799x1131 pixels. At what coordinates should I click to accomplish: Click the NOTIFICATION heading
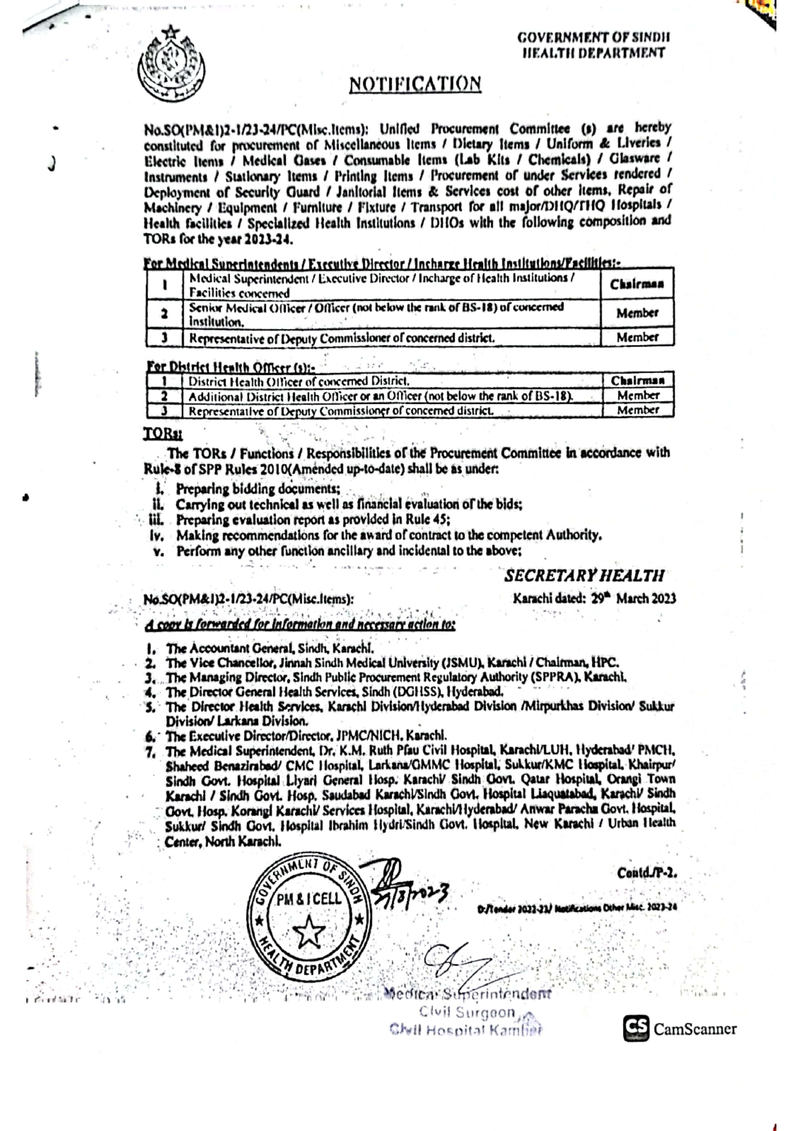(415, 84)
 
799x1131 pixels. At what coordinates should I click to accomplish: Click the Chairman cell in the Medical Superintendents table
(637, 284)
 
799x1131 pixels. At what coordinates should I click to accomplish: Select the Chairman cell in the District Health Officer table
(637, 380)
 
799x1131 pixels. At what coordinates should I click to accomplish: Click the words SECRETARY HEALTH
(584, 575)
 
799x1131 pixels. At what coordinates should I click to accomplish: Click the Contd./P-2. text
(646, 873)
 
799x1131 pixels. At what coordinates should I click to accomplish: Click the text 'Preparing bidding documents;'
(258, 489)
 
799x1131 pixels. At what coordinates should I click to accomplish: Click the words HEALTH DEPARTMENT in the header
(593, 53)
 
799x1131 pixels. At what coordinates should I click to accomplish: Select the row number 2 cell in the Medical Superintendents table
(165, 314)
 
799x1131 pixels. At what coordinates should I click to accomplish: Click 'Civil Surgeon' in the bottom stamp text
(467, 1012)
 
